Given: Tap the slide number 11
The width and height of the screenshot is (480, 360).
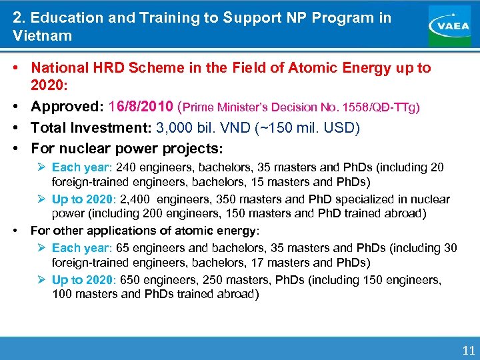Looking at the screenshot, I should click(469, 349).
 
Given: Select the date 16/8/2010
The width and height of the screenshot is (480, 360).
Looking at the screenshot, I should click(140, 107).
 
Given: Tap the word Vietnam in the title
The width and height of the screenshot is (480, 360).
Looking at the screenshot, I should click(42, 35).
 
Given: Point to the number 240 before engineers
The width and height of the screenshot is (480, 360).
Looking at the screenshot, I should click(125, 167).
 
